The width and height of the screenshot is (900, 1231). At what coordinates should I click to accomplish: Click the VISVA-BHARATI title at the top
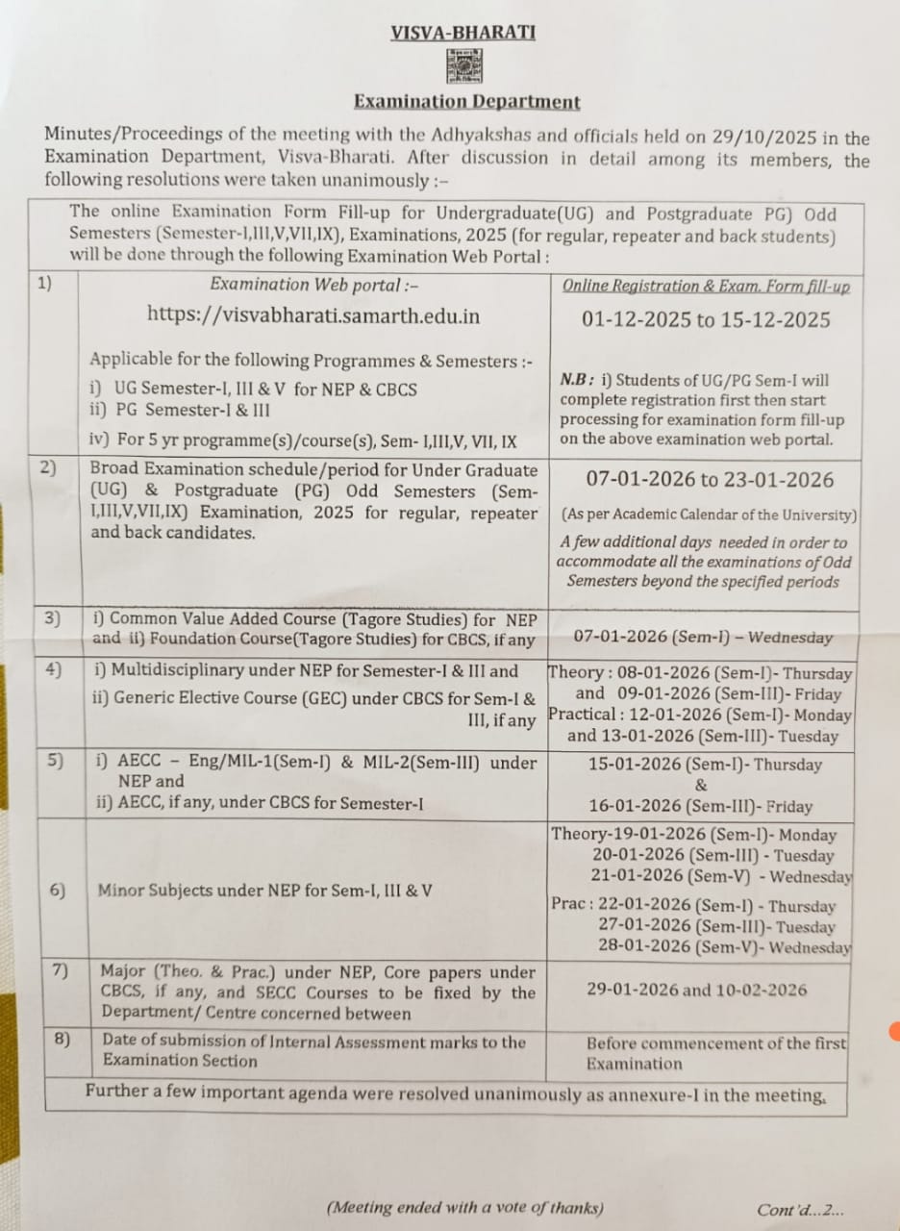click(x=462, y=33)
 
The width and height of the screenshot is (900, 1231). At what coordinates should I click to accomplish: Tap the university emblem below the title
click(x=464, y=66)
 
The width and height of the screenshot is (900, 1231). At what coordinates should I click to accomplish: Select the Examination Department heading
click(x=466, y=101)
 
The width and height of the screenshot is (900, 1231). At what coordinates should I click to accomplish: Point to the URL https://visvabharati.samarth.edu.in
click(x=313, y=314)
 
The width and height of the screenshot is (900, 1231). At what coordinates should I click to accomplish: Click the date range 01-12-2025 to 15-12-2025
click(x=705, y=319)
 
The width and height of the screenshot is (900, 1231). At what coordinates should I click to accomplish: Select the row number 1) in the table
click(x=44, y=284)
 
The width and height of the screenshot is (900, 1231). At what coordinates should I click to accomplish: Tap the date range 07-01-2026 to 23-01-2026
click(x=710, y=479)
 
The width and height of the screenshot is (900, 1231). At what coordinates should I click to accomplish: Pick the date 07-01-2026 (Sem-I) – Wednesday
click(x=703, y=637)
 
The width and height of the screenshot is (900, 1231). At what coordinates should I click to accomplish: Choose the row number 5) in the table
click(x=56, y=761)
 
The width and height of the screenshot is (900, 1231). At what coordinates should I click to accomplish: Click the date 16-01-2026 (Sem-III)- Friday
click(x=700, y=807)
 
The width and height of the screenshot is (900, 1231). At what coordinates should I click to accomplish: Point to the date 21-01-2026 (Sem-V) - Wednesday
click(x=720, y=876)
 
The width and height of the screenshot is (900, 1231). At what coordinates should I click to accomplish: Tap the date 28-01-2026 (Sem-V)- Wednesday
click(x=723, y=947)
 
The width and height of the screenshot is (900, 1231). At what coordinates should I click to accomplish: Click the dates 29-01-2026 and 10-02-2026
click(x=696, y=990)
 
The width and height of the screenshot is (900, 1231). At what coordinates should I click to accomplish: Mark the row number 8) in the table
click(x=62, y=1040)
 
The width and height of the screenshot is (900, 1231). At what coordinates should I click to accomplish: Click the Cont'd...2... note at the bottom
click(x=800, y=1210)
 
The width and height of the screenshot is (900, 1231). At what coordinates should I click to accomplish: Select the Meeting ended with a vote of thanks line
click(x=465, y=1208)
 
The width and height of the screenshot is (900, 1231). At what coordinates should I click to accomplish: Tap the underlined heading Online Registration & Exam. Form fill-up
click(x=705, y=286)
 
